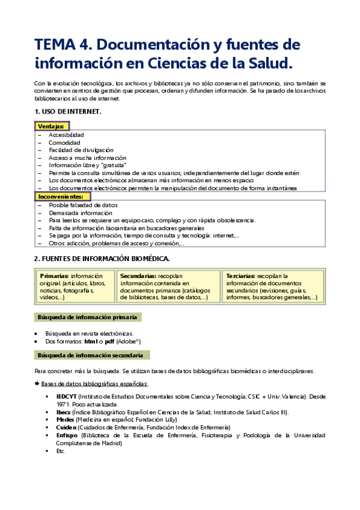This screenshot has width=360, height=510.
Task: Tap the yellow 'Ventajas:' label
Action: tap(51, 126)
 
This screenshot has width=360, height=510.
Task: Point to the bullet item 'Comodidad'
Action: tap(65, 143)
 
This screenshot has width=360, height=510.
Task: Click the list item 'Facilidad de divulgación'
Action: tap(81, 150)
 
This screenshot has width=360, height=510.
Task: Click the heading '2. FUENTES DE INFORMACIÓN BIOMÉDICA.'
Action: tap(102, 259)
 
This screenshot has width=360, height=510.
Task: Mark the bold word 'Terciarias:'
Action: tap(242, 275)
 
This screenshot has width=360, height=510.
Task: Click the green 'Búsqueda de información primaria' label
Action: tap(87, 317)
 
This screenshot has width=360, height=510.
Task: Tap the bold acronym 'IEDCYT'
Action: tap(67, 397)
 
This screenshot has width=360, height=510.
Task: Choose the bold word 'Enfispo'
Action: tap(67, 435)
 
